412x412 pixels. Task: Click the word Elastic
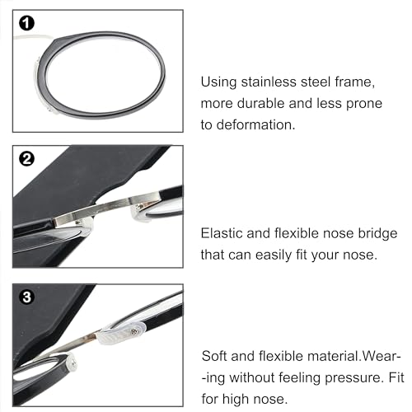(x=222, y=234)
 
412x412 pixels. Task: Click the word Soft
(x=218, y=358)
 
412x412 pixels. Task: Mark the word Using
(x=220, y=82)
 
